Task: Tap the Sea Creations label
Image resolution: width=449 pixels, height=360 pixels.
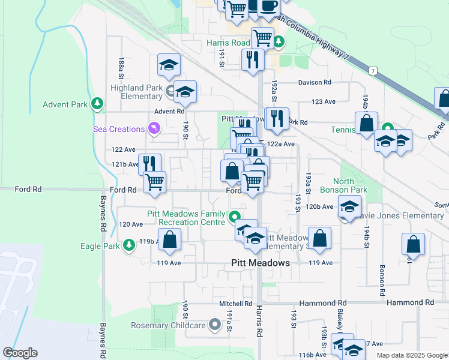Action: coord(119,129)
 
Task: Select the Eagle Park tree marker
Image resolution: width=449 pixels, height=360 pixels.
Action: coord(128,245)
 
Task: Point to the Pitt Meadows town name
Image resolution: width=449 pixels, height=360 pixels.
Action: coord(261,263)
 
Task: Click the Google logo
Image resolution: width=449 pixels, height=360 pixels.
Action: coord(20,353)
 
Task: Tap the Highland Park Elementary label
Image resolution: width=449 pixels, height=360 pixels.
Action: coord(137,92)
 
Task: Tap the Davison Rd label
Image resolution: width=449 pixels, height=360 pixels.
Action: coord(315,82)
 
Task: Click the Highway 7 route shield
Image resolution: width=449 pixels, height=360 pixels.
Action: coord(373,71)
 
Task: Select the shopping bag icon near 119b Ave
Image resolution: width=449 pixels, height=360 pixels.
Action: coord(170,240)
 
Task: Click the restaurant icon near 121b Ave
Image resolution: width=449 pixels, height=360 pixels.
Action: coord(149,164)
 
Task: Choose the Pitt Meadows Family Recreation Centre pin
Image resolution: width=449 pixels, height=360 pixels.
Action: coord(235,217)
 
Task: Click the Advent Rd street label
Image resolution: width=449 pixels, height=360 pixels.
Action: coord(169,111)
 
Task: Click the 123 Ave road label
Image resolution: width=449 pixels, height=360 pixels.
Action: coord(324,102)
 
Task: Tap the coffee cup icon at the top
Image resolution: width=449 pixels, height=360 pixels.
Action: coord(269,6)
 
